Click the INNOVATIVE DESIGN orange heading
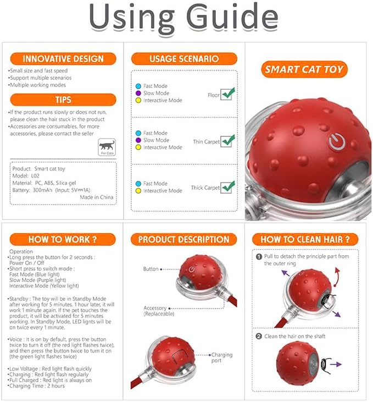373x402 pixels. (x=63, y=59)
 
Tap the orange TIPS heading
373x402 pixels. (x=63, y=100)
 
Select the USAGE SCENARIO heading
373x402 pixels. (x=184, y=59)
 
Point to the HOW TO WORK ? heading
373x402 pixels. (x=63, y=239)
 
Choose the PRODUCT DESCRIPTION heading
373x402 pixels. (x=183, y=239)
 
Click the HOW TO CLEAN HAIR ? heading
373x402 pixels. (x=305, y=239)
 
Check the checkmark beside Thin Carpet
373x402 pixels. (x=227, y=141)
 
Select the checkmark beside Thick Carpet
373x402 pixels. (x=227, y=187)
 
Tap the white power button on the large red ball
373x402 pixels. (x=336, y=142)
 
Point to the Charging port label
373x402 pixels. (x=222, y=357)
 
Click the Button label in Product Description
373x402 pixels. (x=151, y=269)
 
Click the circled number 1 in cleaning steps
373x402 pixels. (x=259, y=256)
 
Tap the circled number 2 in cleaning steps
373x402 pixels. (x=259, y=336)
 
